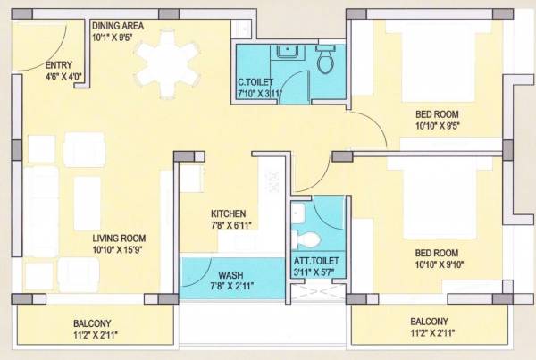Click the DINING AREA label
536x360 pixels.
click(x=119, y=26)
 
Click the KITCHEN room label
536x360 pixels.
click(x=228, y=214)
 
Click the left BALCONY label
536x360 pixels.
click(x=93, y=322)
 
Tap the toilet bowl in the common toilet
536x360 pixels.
click(x=325, y=59)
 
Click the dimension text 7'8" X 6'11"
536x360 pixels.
click(x=228, y=227)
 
